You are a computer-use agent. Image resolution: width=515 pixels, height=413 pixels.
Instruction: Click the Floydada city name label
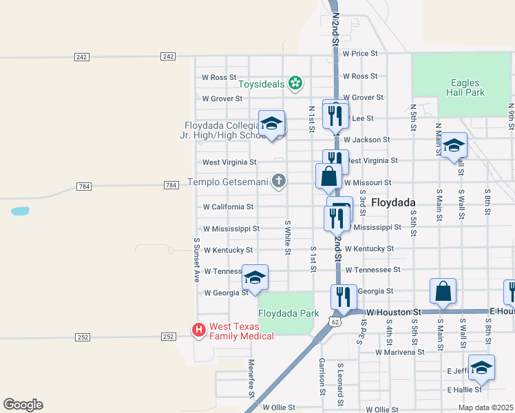click(x=393, y=202)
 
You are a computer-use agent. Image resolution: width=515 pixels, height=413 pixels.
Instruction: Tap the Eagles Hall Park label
click(x=465, y=87)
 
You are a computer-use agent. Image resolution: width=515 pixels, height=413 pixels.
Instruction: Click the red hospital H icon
click(x=200, y=331)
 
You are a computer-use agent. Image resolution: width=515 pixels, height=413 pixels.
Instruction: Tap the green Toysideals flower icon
click(x=295, y=84)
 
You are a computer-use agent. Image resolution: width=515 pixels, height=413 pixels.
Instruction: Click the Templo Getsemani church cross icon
click(x=278, y=182)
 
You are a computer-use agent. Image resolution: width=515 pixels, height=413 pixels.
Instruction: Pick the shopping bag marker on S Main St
click(x=443, y=292)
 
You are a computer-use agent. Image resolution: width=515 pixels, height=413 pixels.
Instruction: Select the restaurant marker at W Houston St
click(x=344, y=297)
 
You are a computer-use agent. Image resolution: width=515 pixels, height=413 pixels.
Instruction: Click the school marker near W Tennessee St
click(x=255, y=278)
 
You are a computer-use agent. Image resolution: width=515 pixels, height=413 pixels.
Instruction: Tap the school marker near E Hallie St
click(x=481, y=368)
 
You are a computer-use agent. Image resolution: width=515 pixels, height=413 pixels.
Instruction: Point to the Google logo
click(x=23, y=405)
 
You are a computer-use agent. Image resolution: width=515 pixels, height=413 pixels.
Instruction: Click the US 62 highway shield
click(x=335, y=321)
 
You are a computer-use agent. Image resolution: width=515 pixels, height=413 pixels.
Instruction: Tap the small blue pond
click(x=20, y=211)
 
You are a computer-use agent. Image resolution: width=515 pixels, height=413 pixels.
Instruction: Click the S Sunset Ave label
click(x=197, y=260)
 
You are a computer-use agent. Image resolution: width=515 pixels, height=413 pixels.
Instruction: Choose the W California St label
click(x=228, y=206)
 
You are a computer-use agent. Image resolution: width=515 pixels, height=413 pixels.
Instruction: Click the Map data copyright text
click(x=485, y=407)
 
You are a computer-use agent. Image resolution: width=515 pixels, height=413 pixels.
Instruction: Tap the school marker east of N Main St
click(x=454, y=146)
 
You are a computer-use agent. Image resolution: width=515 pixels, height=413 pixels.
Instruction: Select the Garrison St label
click(x=322, y=377)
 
